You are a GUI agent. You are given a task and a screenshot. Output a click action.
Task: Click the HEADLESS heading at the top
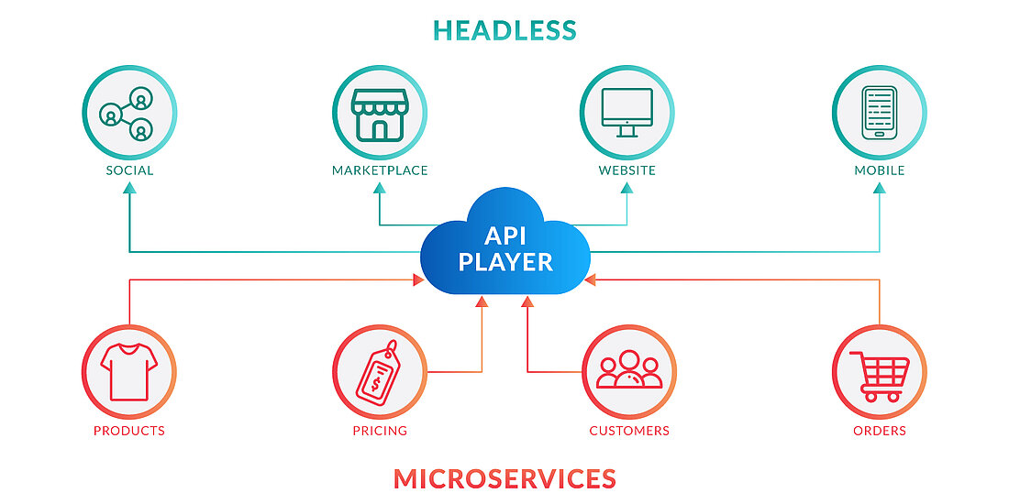pyautogui.click(x=504, y=30)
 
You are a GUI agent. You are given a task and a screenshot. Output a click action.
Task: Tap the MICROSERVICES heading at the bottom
pyautogui.click(x=504, y=477)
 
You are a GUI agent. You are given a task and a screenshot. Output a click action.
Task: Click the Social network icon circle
pyautogui.click(x=128, y=113)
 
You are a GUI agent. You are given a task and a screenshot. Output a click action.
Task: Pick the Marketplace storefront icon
pyautogui.click(x=380, y=113)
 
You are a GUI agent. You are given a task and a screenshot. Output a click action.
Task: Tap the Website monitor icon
pyautogui.click(x=627, y=113)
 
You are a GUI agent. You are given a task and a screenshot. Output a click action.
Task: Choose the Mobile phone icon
pyautogui.click(x=879, y=113)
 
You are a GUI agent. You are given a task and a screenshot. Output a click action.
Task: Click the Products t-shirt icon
pyautogui.click(x=128, y=372)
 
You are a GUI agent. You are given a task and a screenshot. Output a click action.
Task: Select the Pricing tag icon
pyautogui.click(x=380, y=372)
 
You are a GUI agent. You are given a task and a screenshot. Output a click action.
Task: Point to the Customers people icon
pyautogui.click(x=629, y=372)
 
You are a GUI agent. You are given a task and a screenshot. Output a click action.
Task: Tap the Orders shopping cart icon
pyautogui.click(x=879, y=372)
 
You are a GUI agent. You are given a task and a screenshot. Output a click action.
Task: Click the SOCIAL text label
pyautogui.click(x=129, y=170)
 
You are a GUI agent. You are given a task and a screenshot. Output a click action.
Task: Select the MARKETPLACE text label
pyautogui.click(x=380, y=170)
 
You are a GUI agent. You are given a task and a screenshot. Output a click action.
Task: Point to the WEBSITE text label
pyautogui.click(x=627, y=170)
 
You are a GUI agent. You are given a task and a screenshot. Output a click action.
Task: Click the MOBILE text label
pyautogui.click(x=880, y=170)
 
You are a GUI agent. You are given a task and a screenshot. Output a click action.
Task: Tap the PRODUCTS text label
pyautogui.click(x=129, y=431)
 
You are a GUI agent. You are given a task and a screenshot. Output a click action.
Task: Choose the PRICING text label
pyautogui.click(x=380, y=431)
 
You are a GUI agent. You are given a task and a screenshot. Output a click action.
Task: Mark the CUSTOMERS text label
pyautogui.click(x=629, y=431)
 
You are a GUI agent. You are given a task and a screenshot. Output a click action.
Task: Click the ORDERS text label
pyautogui.click(x=880, y=431)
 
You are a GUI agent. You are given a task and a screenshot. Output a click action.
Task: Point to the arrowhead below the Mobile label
pyautogui.click(x=880, y=188)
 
